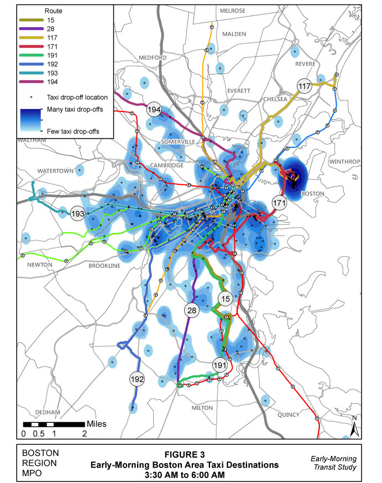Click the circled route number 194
pyautogui.click(x=154, y=110)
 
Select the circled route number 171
pyautogui.click(x=280, y=204)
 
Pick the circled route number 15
pyautogui.click(x=224, y=299)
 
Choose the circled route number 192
pyautogui.click(x=137, y=379)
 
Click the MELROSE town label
pyautogui.click(x=232, y=10)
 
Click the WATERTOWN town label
pyautogui.click(x=55, y=171)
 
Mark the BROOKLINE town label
pyautogui.click(x=104, y=266)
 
